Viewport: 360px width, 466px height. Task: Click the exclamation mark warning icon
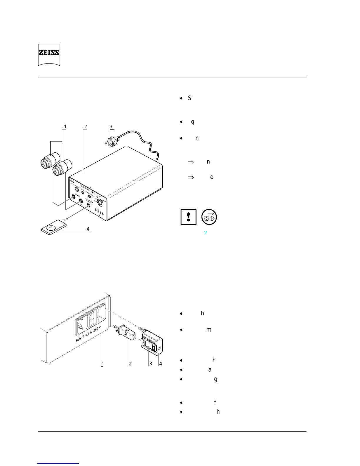click(x=188, y=217)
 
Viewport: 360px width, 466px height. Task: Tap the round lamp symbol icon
click(x=209, y=217)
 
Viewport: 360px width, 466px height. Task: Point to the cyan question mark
click(x=205, y=233)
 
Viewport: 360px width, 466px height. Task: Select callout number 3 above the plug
click(x=111, y=127)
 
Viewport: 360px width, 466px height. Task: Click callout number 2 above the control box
click(x=85, y=127)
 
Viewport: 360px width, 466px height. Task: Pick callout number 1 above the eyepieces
click(x=65, y=127)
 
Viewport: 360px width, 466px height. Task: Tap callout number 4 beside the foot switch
click(x=88, y=229)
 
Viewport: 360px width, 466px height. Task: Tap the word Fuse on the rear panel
click(x=79, y=339)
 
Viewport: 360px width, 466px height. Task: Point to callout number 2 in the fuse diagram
click(x=130, y=364)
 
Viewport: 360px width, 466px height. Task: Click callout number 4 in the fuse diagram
click(x=161, y=364)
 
